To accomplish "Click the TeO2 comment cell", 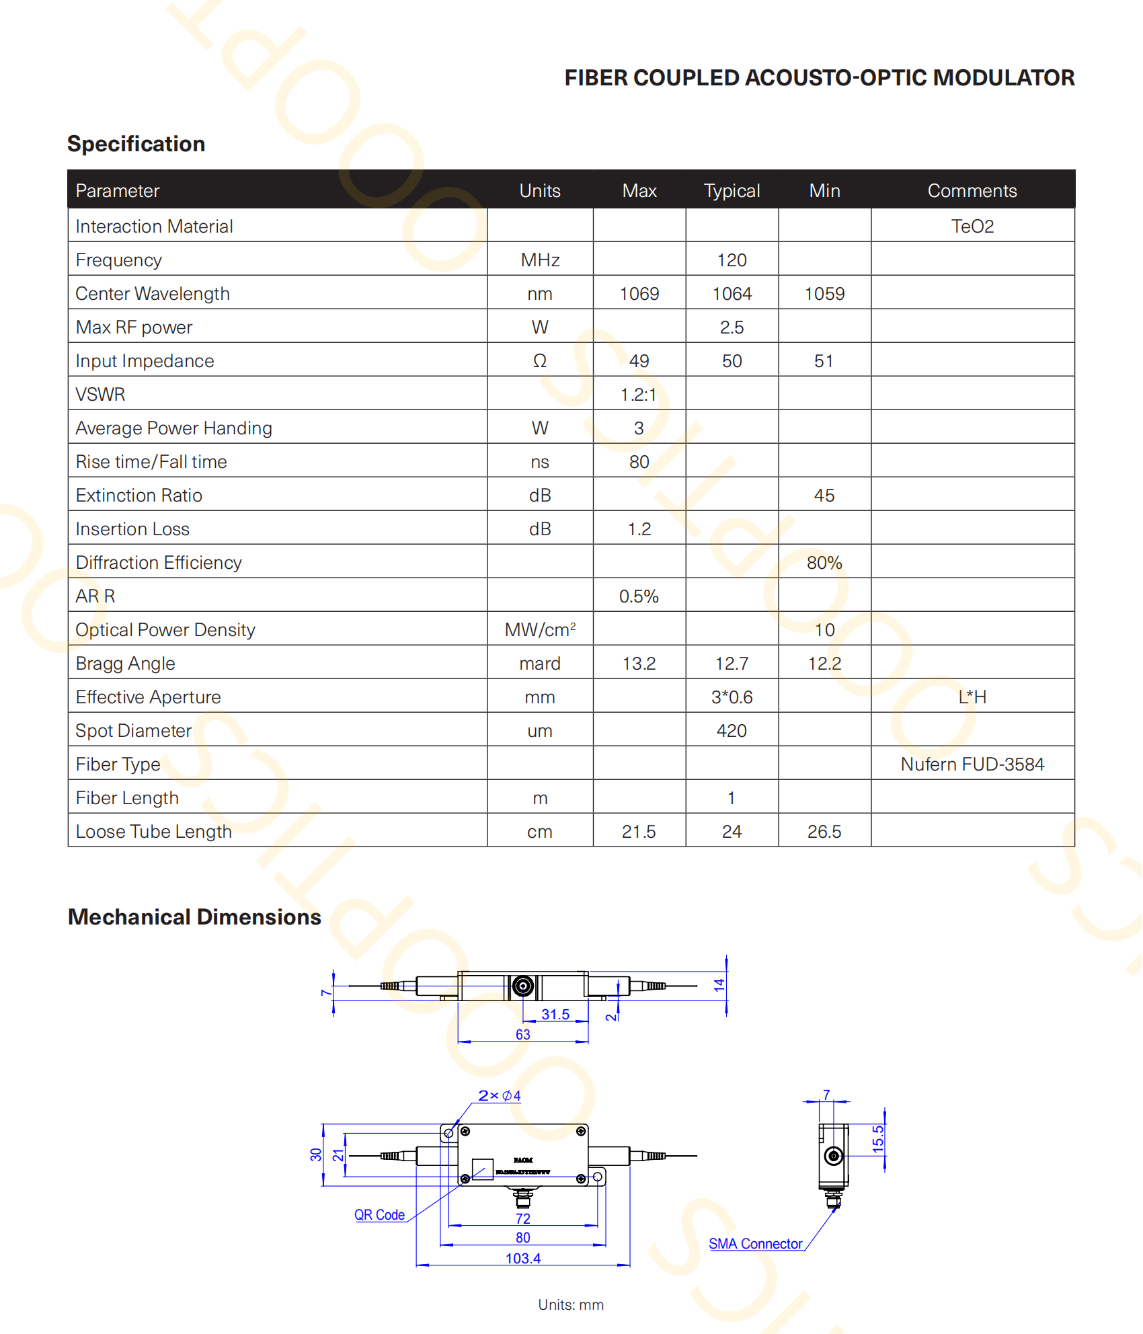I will (x=972, y=227).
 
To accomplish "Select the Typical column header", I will (x=732, y=191).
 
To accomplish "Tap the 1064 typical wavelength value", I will (x=732, y=294).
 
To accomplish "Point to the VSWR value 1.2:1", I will (x=638, y=395).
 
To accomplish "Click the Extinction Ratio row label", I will (x=139, y=496).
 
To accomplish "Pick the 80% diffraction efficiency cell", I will (x=824, y=563).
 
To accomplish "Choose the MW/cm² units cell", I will (x=540, y=630).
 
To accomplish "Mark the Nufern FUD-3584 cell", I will (x=972, y=764).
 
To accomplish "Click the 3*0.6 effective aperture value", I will (x=732, y=697).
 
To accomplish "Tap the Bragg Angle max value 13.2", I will (x=639, y=664).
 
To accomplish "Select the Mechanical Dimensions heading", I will (x=194, y=917).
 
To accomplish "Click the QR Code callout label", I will (x=379, y=1215).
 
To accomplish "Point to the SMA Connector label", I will (x=755, y=1244).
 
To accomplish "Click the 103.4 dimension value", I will (x=523, y=1258).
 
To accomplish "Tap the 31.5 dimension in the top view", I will (x=555, y=1014).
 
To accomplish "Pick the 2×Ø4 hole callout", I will (x=499, y=1095).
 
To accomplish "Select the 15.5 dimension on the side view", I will (x=878, y=1139).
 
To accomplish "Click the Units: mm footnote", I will (x=571, y=1304).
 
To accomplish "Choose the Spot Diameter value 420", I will (x=732, y=731).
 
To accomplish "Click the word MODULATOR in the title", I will (x=1004, y=78).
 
